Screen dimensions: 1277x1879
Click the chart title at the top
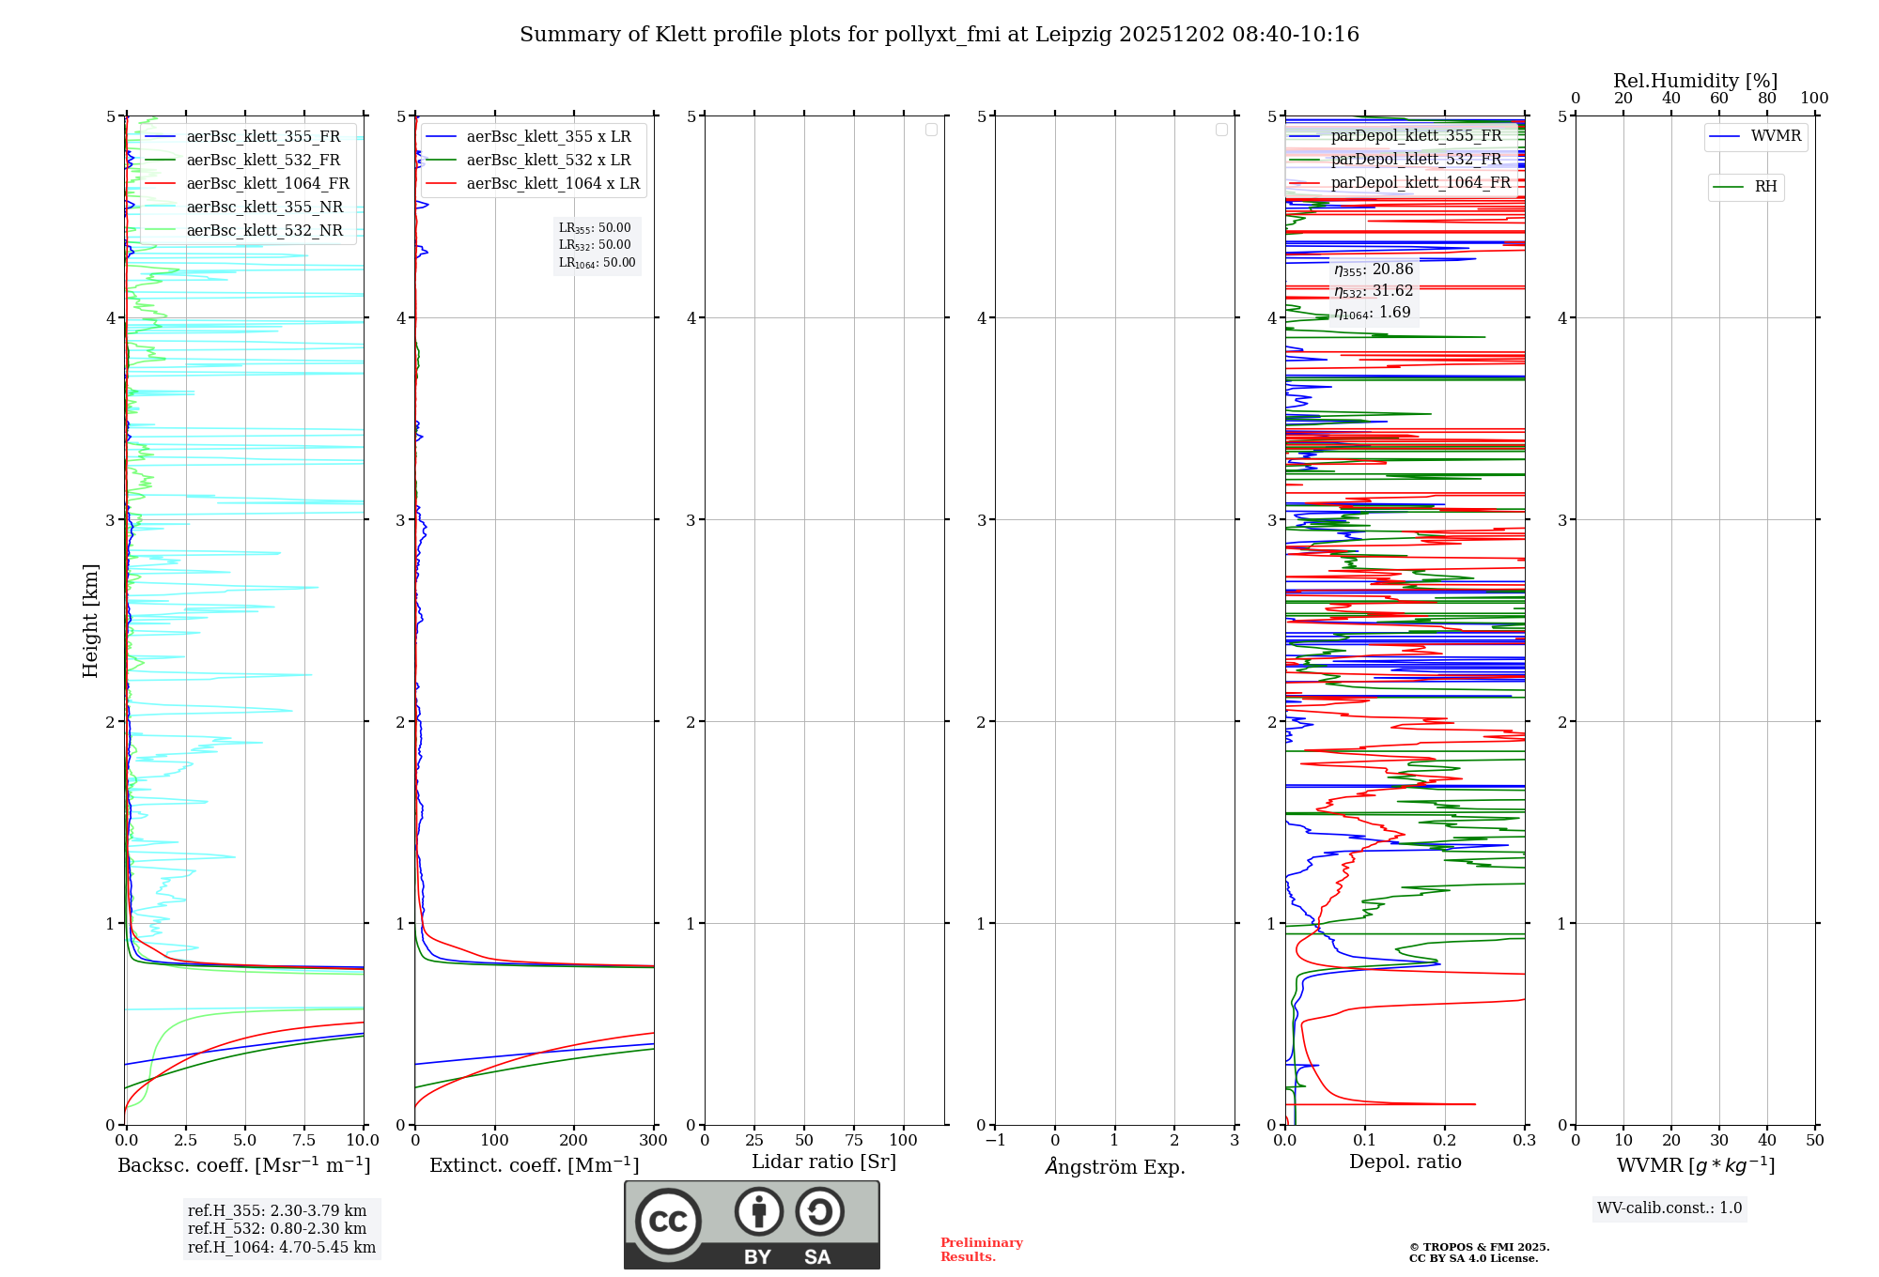pyautogui.click(x=939, y=35)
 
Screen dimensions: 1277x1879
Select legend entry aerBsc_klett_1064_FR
pyautogui.click(x=267, y=183)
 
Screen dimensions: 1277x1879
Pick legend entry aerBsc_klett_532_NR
pyautogui.click(x=264, y=230)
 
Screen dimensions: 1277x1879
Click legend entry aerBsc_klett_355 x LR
pyautogui.click(x=548, y=136)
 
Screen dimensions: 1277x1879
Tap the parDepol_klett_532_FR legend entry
pyautogui.click(x=1415, y=159)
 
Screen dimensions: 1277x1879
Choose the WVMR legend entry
pyautogui.click(x=1775, y=136)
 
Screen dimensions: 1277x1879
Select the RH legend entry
pyautogui.click(x=1764, y=187)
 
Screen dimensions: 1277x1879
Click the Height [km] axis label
pyautogui.click(x=90, y=621)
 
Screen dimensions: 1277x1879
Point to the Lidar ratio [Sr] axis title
pyautogui.click(x=823, y=1162)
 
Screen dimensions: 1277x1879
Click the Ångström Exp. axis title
pyautogui.click(x=1114, y=1166)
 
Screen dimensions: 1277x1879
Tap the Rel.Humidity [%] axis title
pyautogui.click(x=1695, y=81)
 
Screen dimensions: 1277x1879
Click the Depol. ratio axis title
pyautogui.click(x=1405, y=1162)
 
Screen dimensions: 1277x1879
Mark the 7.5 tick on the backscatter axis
pyautogui.click(x=303, y=1141)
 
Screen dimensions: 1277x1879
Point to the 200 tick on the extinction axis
pyautogui.click(x=574, y=1141)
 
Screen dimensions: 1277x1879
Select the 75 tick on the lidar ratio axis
pyautogui.click(x=853, y=1141)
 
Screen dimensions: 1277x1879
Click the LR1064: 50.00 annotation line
pyautogui.click(x=597, y=263)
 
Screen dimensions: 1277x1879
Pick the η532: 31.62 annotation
pyautogui.click(x=1373, y=291)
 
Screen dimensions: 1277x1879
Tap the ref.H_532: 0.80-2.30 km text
pyautogui.click(x=277, y=1228)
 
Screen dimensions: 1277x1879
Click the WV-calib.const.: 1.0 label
pyautogui.click(x=1669, y=1208)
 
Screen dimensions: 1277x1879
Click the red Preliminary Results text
pyautogui.click(x=981, y=1249)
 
